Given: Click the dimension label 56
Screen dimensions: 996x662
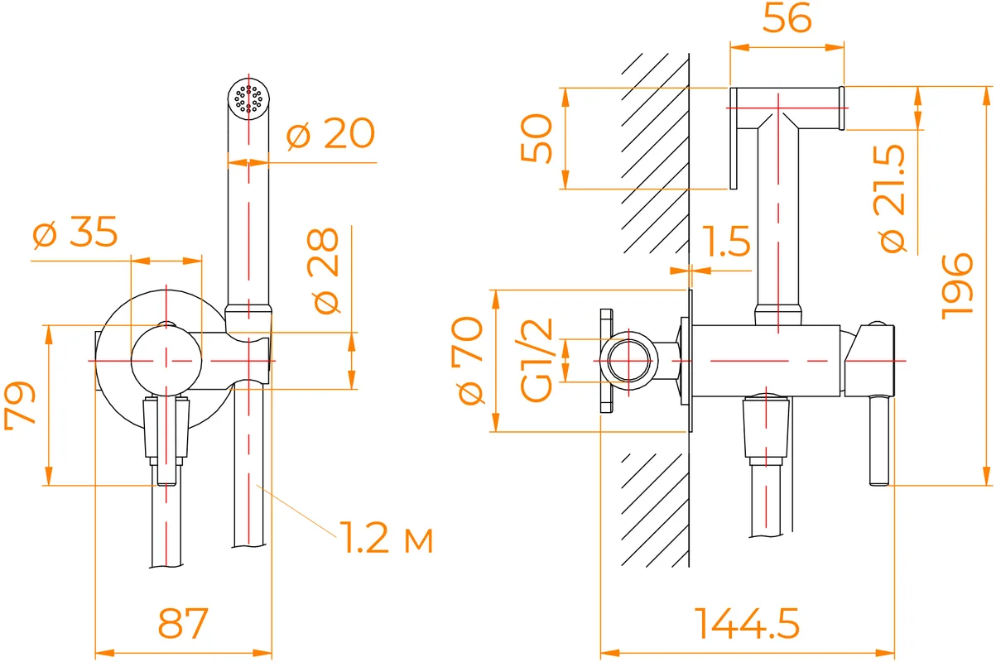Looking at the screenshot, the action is point(787,18).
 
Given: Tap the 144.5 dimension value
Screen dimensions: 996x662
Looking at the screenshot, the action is point(747,623).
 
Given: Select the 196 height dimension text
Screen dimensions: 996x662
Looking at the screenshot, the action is point(957,286).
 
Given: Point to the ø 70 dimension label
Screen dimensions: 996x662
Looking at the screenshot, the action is point(467,360).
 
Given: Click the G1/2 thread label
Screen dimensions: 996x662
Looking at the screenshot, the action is point(536,360).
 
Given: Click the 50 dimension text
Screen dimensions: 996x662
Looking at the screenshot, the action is point(536,138).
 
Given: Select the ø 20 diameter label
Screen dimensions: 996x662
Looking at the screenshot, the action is point(330,133).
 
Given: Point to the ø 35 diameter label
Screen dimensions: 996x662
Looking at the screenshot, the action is point(75,232).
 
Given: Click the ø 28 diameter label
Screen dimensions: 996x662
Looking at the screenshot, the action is point(323,271).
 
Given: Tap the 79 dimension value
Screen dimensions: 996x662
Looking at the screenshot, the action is point(20,405).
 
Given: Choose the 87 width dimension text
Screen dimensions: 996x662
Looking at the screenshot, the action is point(183,623).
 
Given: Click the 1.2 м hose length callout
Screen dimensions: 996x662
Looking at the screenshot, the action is point(386,538).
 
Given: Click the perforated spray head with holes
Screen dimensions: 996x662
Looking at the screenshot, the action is point(248,99).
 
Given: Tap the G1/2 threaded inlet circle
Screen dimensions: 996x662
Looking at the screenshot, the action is point(628,360).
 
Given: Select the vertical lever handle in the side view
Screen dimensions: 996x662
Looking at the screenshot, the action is point(879,440).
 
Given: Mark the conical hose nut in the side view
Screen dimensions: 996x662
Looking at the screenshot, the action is point(766,427).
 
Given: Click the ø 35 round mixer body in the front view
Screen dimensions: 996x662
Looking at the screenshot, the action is point(166,360).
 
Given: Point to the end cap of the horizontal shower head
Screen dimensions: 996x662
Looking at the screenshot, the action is point(841,108).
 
